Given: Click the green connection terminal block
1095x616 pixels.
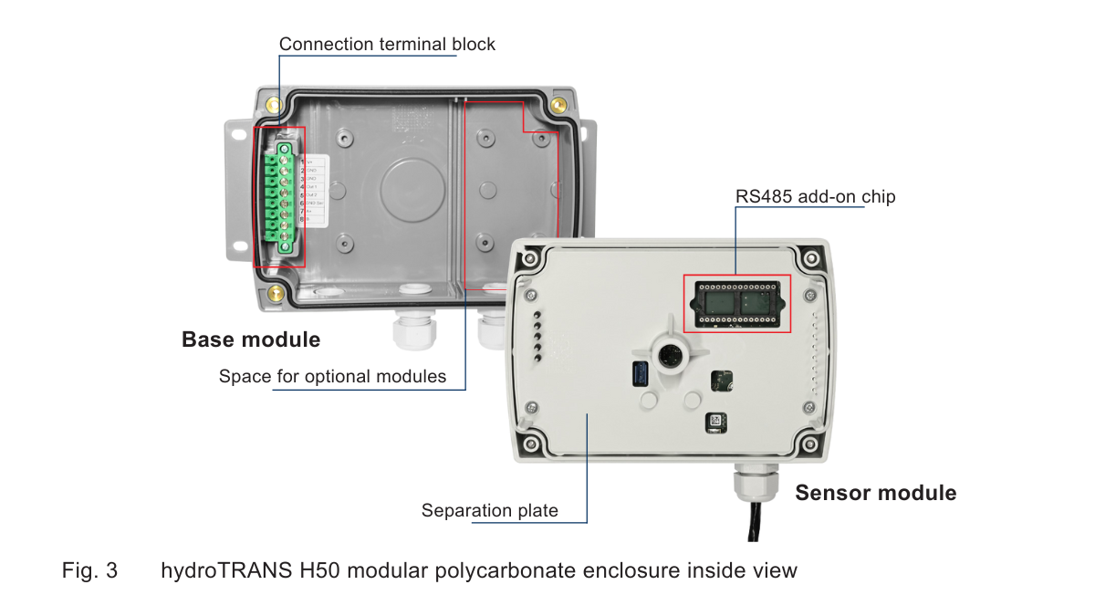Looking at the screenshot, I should point(278,196).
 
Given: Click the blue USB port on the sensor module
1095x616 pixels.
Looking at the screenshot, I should point(640,373).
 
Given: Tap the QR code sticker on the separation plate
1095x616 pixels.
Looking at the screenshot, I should point(715,423).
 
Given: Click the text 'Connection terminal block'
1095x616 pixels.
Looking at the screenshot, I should point(387,44).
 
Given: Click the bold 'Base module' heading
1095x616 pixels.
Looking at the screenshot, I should point(251,340).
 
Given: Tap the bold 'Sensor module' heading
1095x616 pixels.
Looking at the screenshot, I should point(876,493).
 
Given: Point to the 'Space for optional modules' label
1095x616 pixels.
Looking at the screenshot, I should point(332,376).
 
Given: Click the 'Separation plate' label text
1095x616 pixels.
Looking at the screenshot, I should point(489,510).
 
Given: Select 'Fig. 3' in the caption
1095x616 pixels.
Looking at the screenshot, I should point(89,571).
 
